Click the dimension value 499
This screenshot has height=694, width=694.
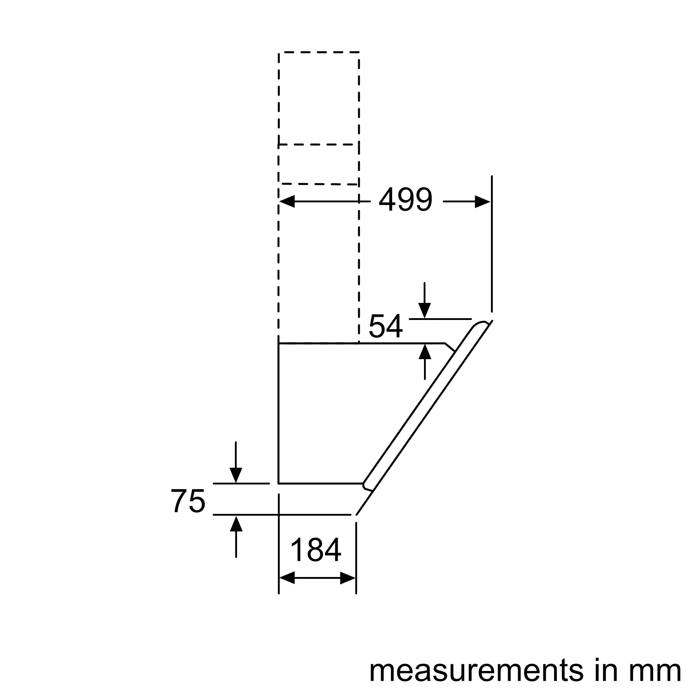coord(406,200)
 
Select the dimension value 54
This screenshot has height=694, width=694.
coord(386,326)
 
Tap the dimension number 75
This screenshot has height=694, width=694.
coord(188,501)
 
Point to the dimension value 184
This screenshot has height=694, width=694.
coord(316,550)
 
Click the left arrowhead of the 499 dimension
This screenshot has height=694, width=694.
coord(287,202)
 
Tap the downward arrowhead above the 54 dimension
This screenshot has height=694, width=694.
coord(425,310)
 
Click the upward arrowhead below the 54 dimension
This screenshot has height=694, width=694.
coord(425,352)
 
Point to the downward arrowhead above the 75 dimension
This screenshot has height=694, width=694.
coord(236,475)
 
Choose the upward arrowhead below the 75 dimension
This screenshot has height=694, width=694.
coord(236,524)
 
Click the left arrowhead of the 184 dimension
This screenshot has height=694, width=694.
coord(287,578)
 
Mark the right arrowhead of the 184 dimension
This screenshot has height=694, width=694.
coord(347,578)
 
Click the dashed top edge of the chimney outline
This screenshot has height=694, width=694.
coord(319,52)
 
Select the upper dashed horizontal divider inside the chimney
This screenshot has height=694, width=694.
coord(319,145)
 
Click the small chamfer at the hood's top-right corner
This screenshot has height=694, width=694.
coord(450,347)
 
